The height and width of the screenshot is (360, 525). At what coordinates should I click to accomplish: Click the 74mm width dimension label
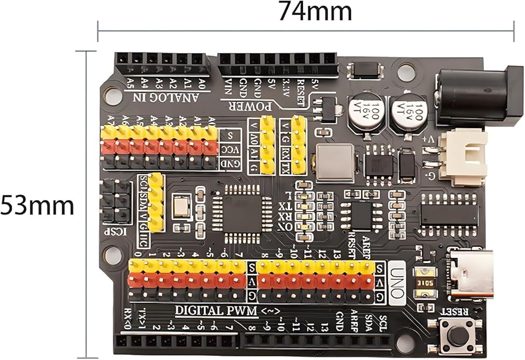[x=314, y=12]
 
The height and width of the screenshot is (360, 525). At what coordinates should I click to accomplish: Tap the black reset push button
[x=458, y=336]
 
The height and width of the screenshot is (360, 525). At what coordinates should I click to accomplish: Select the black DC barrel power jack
[x=472, y=97]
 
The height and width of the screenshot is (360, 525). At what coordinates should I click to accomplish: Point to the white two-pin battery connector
[x=462, y=156]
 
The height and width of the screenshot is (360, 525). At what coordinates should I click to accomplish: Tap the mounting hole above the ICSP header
[x=112, y=94]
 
